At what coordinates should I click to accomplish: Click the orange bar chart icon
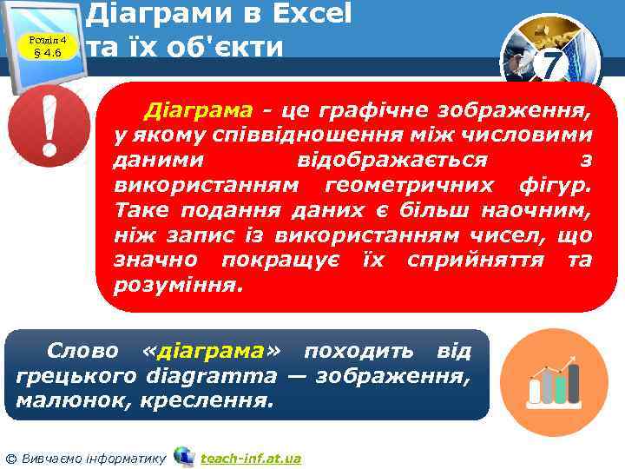click(x=543, y=375)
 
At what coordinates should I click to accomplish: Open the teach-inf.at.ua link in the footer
click(x=250, y=458)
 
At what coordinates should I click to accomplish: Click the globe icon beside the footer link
click(x=183, y=456)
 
